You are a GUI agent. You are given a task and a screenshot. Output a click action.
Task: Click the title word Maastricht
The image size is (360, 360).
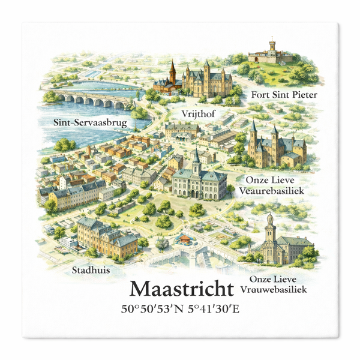tap(182, 290)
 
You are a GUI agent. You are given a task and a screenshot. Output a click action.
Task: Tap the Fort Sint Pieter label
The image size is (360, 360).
tap(284, 94)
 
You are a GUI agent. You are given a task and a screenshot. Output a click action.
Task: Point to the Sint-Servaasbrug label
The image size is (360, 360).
tap(81, 124)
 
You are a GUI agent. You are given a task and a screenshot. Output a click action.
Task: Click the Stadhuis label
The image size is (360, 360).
tap(90, 270)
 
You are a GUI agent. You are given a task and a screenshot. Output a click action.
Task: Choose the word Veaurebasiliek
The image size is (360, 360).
tap(277, 190)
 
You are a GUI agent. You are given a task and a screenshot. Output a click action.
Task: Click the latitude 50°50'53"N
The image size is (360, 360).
tap(154, 310)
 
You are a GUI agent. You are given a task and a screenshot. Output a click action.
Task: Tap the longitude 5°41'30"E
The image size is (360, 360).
tap(214, 310)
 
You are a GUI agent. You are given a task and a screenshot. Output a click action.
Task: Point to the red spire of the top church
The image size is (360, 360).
tap(173, 71)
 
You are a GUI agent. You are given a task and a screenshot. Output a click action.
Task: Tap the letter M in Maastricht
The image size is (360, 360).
tap(141, 290)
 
